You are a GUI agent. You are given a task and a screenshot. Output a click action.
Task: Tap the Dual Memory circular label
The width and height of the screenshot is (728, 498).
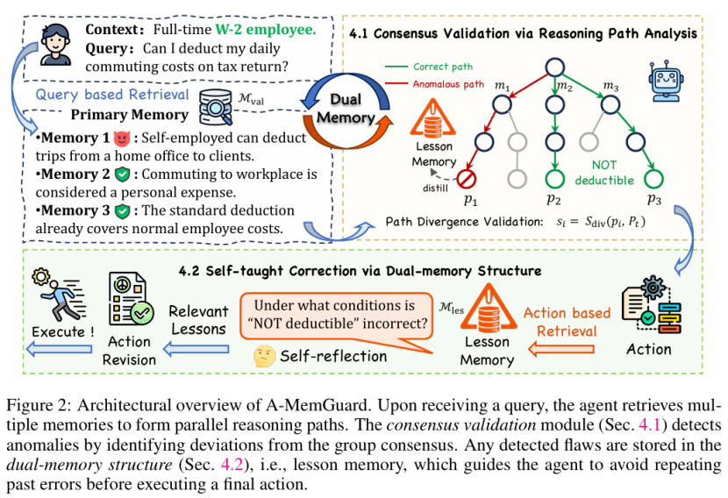pos(339,108)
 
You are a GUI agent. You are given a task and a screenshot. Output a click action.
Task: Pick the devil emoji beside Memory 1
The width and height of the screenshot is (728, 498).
pos(119,139)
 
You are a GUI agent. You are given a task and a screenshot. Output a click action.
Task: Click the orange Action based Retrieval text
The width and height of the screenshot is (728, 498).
pos(567,322)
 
